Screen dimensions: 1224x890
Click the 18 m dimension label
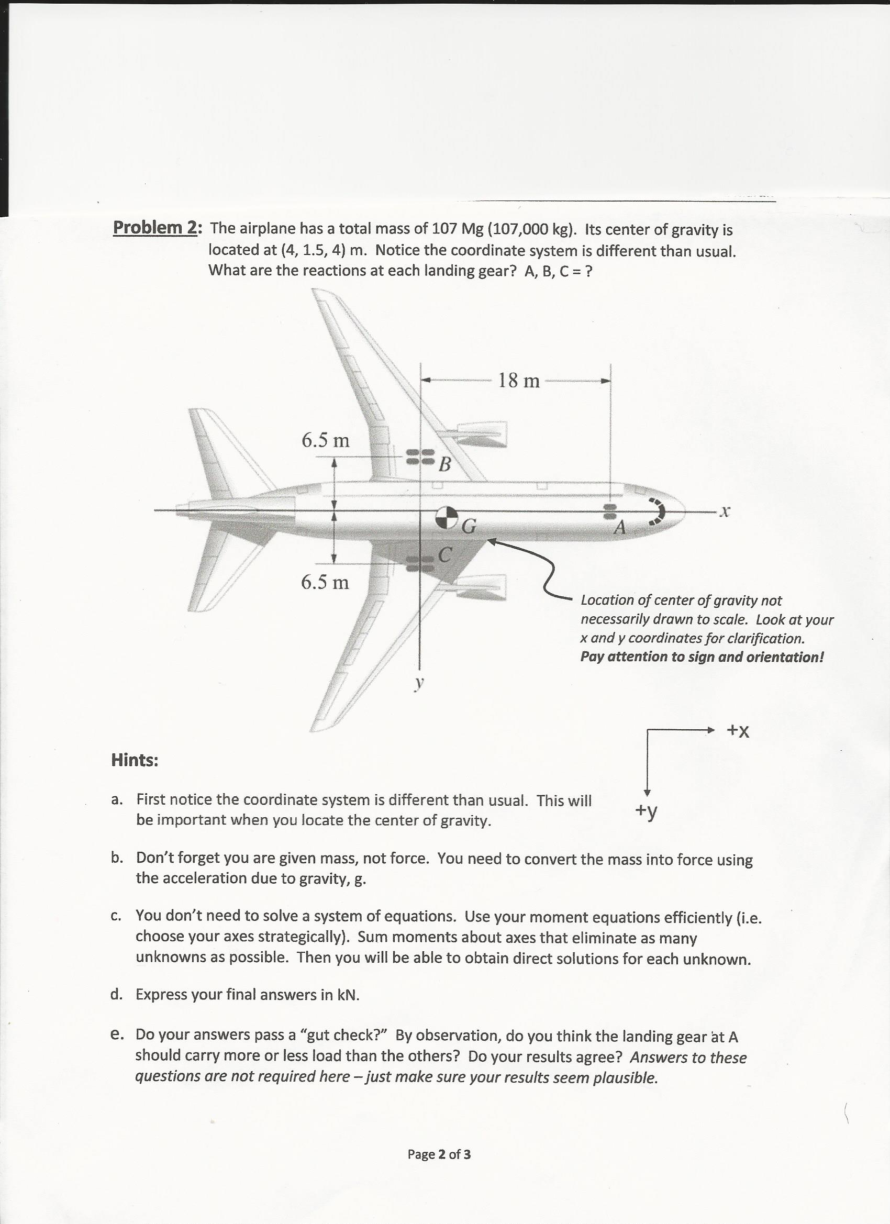[x=518, y=381]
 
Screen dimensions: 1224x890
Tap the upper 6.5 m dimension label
[x=325, y=441]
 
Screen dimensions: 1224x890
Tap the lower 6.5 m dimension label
[x=325, y=582]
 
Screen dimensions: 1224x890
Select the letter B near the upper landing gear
[x=444, y=464]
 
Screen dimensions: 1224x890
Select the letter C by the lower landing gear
[x=444, y=554]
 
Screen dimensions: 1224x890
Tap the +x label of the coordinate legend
[x=738, y=731]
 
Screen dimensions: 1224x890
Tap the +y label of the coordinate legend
[x=646, y=810]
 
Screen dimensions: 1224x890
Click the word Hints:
[x=135, y=760]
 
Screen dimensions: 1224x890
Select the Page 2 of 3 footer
[x=439, y=1154]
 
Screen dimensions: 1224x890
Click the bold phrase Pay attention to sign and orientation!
[x=702, y=657]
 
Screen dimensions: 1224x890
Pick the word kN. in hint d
[x=348, y=995]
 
